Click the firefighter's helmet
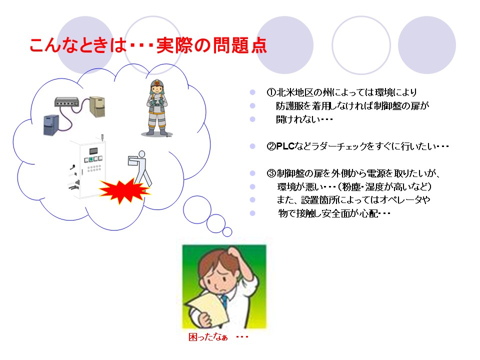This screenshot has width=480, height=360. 157,83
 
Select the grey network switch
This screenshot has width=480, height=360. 66,102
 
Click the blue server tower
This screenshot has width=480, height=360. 51,125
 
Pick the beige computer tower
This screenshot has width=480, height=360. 97,106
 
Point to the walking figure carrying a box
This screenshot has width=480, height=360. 139,168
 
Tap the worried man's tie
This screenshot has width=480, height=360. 224,300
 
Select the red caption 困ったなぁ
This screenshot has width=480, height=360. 208,337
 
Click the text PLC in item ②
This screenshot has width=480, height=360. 285,146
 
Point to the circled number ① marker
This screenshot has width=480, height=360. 271,92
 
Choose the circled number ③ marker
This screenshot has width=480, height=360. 271,173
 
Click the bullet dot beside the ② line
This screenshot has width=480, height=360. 252,146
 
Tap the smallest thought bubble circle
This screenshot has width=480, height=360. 227,231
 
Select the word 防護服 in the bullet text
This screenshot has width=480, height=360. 289,106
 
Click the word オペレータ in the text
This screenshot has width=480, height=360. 399,200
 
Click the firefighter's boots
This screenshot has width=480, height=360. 156,131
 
